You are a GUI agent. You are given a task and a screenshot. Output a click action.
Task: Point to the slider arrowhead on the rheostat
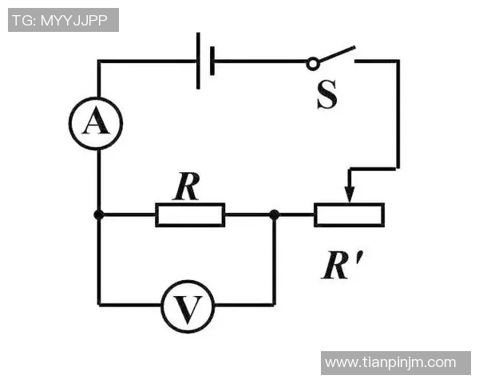(x=350, y=195)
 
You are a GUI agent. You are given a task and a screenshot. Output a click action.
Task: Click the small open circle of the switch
(x=312, y=64)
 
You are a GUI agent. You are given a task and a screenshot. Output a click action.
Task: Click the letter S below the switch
(x=327, y=94)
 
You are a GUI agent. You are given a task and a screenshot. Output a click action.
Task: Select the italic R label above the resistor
(x=187, y=186)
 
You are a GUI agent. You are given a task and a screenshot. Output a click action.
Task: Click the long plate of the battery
(x=198, y=61)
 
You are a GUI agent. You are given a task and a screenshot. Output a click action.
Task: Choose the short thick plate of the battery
(x=212, y=61)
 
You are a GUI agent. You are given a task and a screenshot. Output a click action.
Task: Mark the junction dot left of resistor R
(x=99, y=215)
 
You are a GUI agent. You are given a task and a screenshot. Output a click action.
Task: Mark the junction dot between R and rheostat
(x=275, y=215)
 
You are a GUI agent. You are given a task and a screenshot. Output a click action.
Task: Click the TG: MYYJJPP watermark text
(x=60, y=21)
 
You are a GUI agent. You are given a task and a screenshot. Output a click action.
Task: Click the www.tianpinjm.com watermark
(x=390, y=362)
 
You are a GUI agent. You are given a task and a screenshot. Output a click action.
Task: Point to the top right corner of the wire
(x=398, y=61)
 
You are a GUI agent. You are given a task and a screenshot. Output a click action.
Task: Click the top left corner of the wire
(x=99, y=61)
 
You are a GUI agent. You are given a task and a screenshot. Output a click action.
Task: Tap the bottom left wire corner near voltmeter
(x=99, y=304)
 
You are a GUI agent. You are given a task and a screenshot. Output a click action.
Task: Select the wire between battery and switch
(x=260, y=61)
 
